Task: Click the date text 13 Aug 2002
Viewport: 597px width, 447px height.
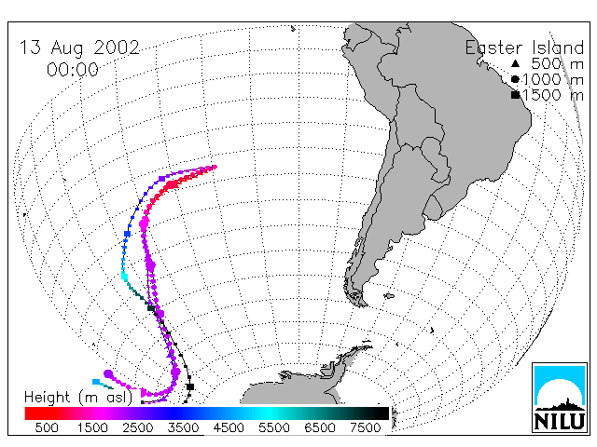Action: pos(79,48)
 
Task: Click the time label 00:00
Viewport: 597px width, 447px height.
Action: pos(73,70)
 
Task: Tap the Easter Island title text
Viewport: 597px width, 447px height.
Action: pos(524,47)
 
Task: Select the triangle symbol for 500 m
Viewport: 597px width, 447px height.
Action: pos(515,63)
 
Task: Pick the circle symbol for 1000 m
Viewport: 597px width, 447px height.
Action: pos(515,79)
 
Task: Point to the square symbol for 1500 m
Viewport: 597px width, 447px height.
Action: pos(516,95)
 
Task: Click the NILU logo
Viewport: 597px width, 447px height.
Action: pos(560,398)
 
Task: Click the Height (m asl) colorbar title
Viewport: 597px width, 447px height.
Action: pos(78,398)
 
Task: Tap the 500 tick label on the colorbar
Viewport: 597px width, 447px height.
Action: pos(47,427)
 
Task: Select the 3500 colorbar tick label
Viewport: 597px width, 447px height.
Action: pos(183,427)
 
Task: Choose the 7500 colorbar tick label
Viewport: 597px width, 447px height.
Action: pos(365,427)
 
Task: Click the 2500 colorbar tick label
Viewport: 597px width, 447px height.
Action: pos(138,427)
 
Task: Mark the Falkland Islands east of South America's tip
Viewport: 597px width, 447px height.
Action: pos(389,295)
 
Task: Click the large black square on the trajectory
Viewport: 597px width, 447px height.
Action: pos(190,387)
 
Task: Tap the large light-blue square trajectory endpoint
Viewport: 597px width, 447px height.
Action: pos(96,382)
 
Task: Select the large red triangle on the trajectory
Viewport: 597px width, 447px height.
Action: pos(174,184)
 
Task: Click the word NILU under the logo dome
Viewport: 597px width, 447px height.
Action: pos(560,421)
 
